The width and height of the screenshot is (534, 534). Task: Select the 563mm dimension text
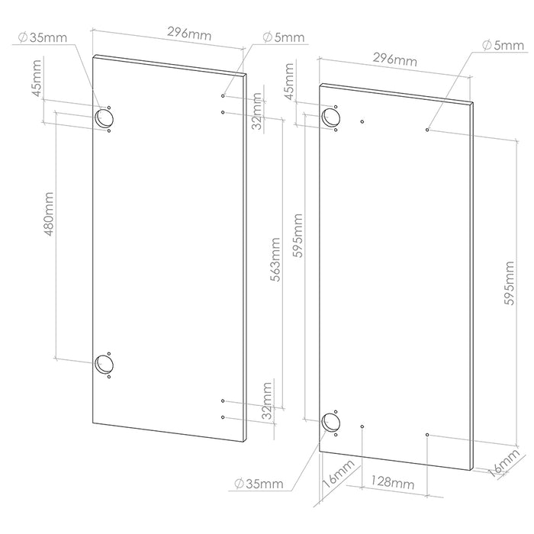click(x=275, y=259)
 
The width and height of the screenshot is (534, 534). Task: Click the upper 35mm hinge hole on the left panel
click(x=103, y=117)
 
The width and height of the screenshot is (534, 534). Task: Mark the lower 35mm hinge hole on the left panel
click(x=103, y=365)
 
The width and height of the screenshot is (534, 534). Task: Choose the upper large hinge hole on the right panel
click(x=332, y=117)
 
